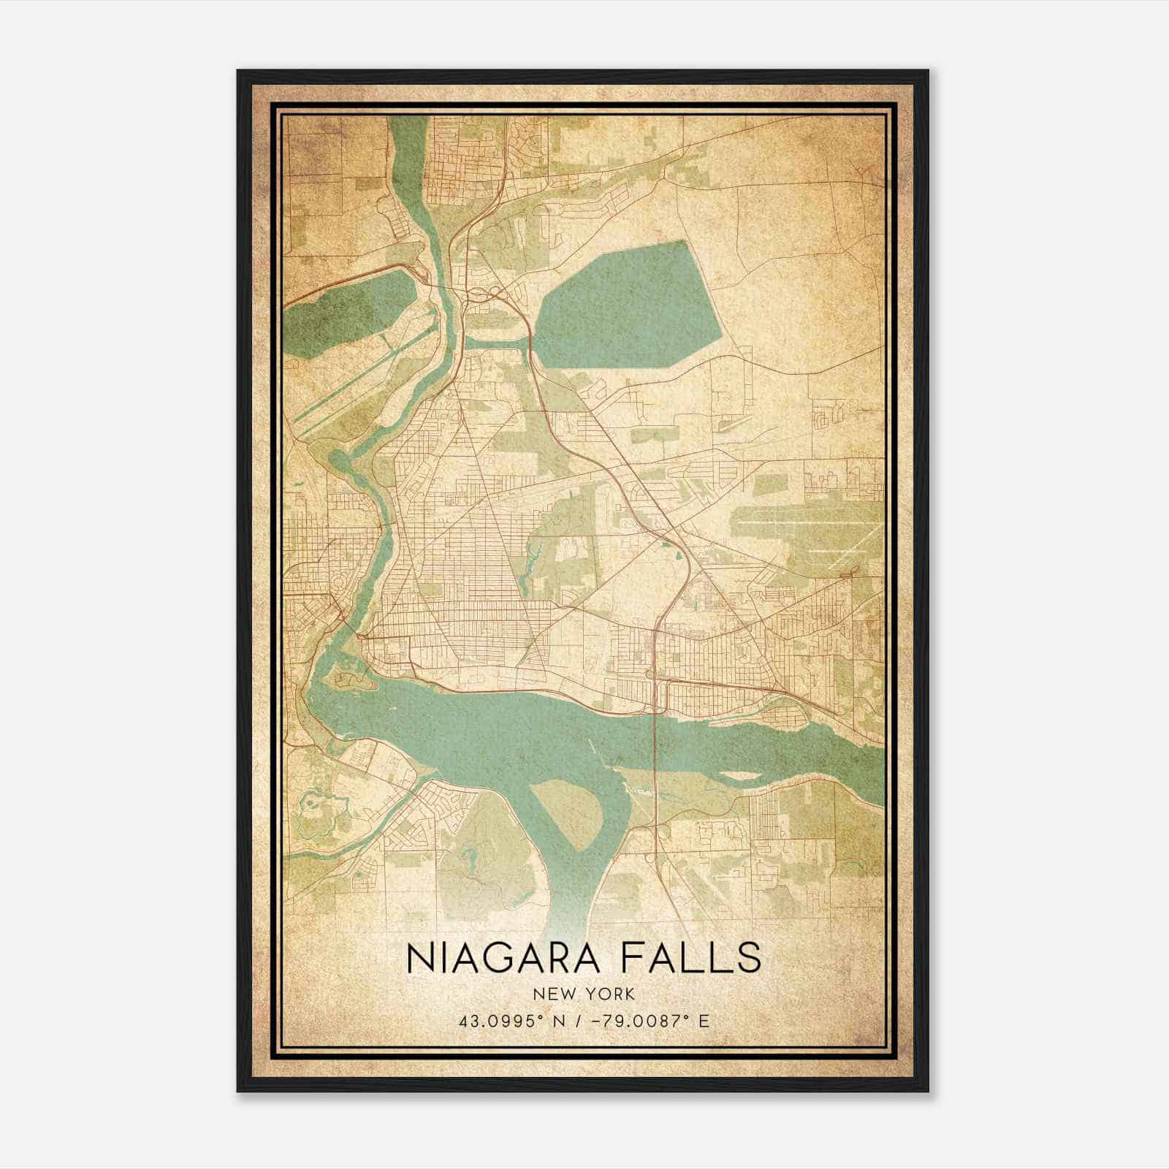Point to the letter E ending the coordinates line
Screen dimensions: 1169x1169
click(x=704, y=1021)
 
